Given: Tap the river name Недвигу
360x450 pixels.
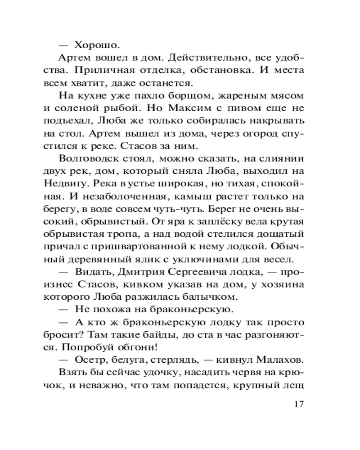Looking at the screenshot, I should point(78,184).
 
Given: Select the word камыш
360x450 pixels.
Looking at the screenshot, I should point(195,197).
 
